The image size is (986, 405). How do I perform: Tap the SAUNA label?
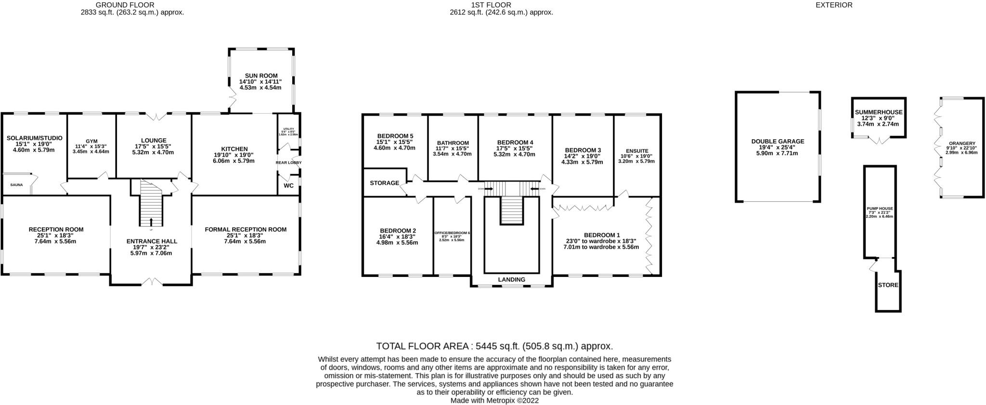coord(16,185)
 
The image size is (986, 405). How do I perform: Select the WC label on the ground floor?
coord(288,185)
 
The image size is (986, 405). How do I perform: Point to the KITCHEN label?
coord(234,149)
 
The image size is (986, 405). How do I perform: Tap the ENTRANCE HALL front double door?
coord(152,282)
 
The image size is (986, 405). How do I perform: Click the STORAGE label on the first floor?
coord(384,183)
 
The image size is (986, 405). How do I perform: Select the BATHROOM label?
coord(453,143)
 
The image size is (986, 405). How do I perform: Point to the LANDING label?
coord(511,279)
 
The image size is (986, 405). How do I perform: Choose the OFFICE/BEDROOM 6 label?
coord(452,233)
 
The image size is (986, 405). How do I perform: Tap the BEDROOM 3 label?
coord(583,150)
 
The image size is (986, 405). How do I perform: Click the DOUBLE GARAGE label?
coord(778,142)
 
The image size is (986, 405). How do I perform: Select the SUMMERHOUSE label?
coord(878,112)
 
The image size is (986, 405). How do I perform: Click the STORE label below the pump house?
coord(888,285)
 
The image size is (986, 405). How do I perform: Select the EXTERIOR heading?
coord(841,5)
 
